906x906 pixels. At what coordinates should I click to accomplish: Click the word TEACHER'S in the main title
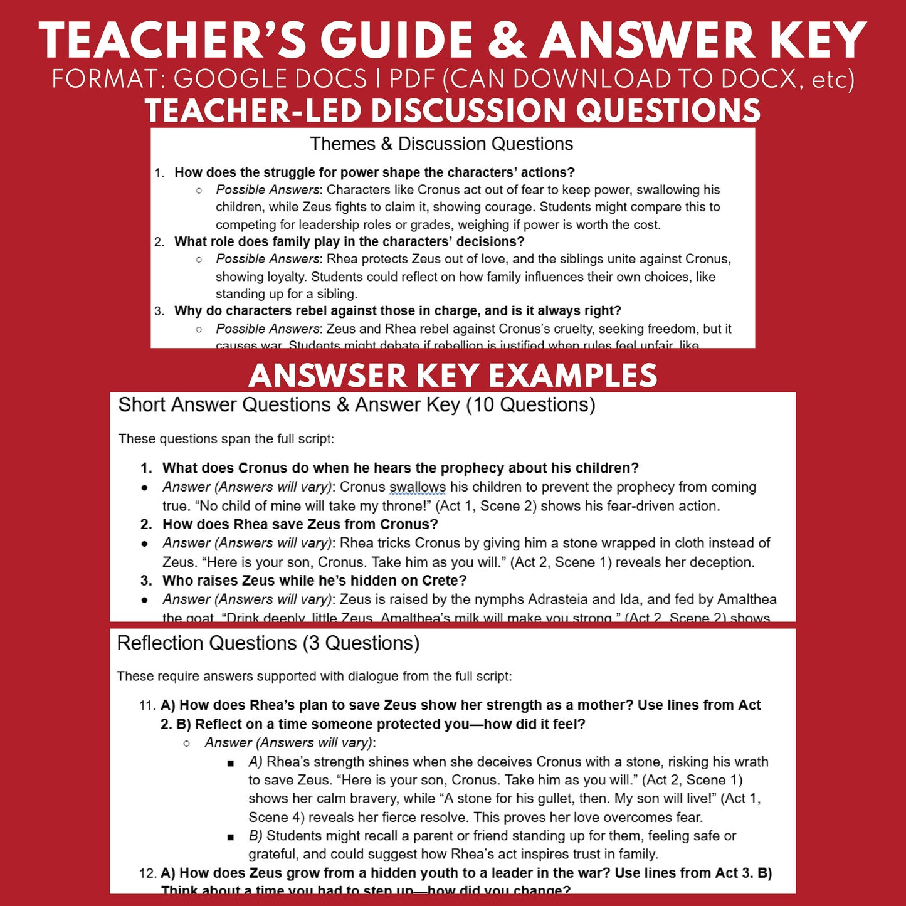click(172, 41)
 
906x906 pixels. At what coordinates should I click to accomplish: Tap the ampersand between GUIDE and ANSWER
click(507, 41)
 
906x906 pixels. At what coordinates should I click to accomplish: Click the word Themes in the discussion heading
click(342, 144)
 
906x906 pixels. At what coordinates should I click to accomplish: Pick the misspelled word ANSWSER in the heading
click(328, 376)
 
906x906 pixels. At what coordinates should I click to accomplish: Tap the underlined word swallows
click(418, 487)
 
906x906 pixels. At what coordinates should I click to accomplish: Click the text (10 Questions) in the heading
click(530, 405)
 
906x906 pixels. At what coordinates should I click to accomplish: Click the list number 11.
click(146, 705)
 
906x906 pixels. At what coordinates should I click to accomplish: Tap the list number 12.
click(147, 873)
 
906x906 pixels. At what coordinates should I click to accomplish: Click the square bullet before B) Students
click(231, 837)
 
